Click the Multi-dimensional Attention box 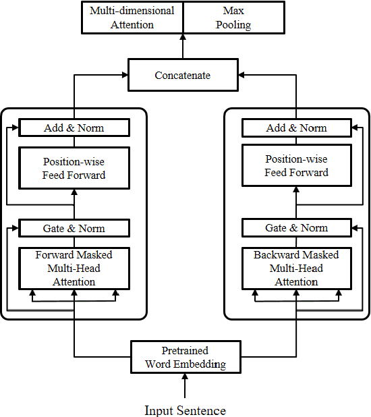(132, 18)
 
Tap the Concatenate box (182, 76)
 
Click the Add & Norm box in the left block (74, 128)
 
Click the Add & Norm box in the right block (296, 128)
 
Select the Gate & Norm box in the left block (74, 228)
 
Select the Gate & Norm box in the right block (296, 228)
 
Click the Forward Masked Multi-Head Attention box (74, 268)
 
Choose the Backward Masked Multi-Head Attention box (296, 268)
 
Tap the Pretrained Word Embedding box (185, 358)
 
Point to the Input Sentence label (185, 410)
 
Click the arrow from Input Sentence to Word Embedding (185, 387)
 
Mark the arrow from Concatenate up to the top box (182, 46)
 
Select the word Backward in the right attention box (277, 255)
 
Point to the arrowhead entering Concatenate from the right (241, 76)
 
